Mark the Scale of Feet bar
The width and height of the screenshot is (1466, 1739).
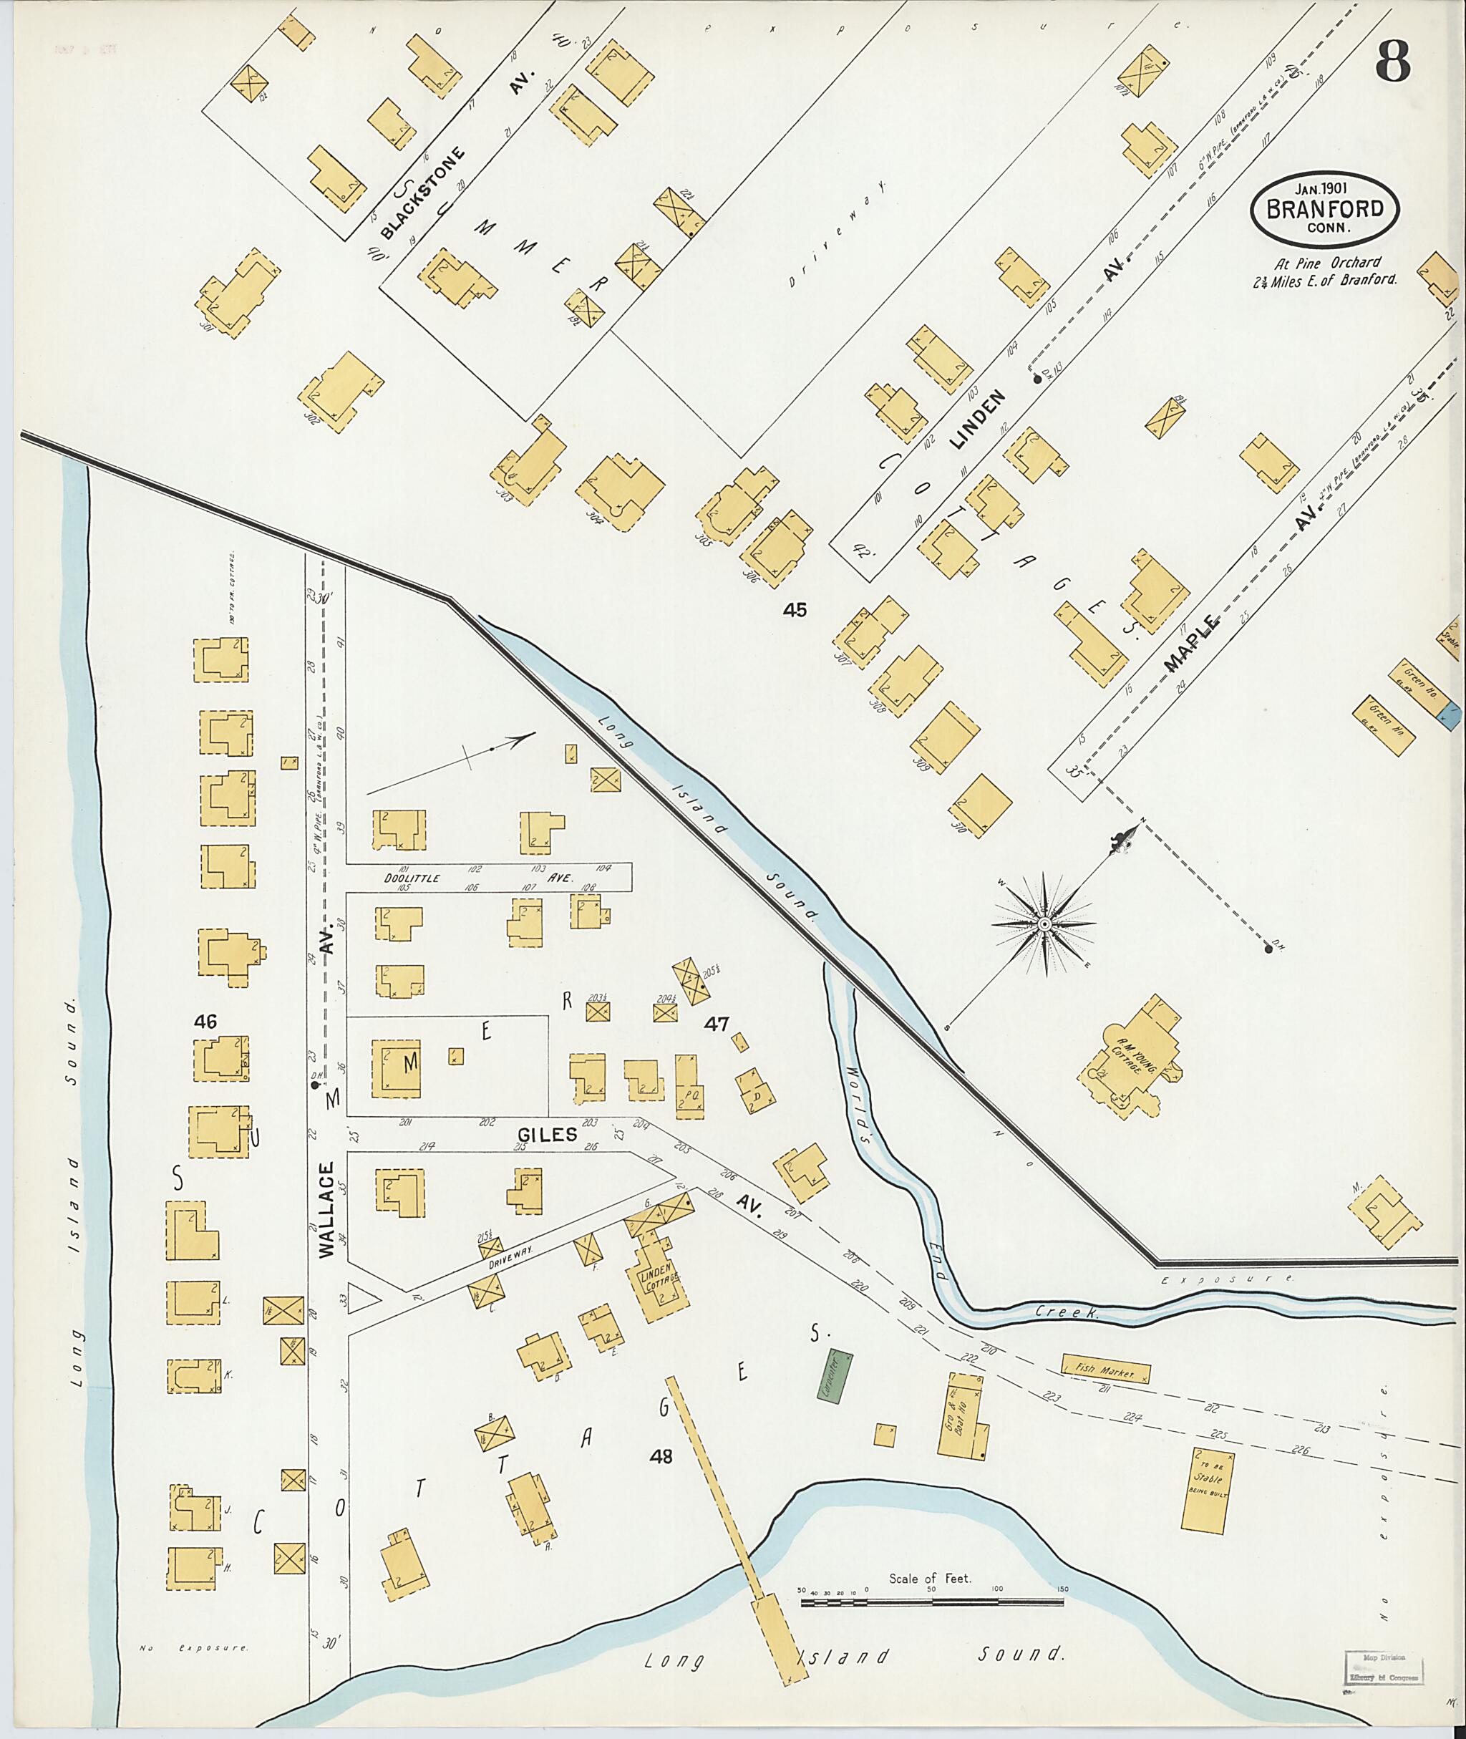pos(931,1599)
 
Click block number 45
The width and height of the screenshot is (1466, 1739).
pos(795,611)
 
